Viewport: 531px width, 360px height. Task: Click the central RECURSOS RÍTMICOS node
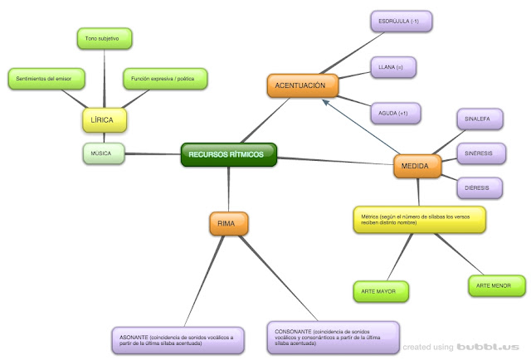point(228,154)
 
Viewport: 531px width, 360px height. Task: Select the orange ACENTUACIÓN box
point(300,85)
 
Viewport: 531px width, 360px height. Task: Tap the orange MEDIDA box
point(415,166)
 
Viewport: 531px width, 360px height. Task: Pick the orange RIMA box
point(228,224)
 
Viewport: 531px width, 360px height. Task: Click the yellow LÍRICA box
point(103,120)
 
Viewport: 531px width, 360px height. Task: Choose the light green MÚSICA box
point(103,153)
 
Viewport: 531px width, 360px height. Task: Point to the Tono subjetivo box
point(103,38)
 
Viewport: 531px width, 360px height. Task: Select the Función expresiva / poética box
point(164,80)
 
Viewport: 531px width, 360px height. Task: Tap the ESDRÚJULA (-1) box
point(402,20)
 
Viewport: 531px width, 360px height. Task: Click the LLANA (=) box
point(392,66)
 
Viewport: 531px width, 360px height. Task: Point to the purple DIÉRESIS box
point(478,188)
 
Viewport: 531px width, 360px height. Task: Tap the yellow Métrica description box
point(417,220)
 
